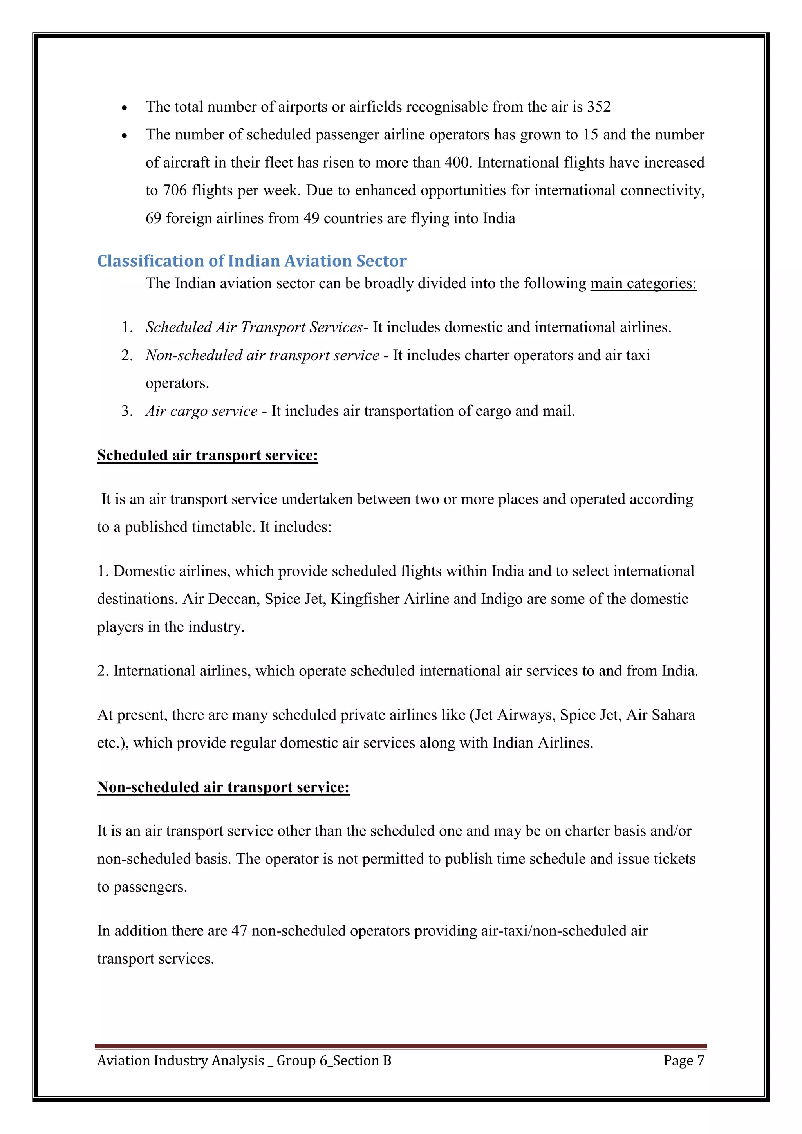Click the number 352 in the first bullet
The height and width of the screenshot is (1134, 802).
598,107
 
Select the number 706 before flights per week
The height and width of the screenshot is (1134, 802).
174,191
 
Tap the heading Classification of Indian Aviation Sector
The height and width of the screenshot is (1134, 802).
251,261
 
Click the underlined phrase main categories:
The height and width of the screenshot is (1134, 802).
643,283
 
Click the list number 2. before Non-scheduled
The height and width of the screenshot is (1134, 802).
127,356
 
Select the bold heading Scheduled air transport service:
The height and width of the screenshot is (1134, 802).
208,455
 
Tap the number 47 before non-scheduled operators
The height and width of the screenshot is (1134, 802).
239,931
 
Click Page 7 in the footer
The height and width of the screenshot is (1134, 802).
683,1060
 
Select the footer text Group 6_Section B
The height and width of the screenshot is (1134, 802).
333,1060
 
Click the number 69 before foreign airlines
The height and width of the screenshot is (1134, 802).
153,218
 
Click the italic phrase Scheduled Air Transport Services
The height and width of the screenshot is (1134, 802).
254,327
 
